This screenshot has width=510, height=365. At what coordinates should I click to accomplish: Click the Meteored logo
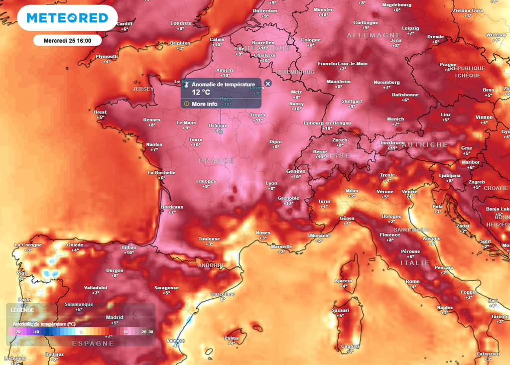(x=67, y=18)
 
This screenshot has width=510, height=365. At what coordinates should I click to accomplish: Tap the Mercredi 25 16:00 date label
(x=67, y=40)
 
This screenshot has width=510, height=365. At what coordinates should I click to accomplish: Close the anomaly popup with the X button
(x=268, y=83)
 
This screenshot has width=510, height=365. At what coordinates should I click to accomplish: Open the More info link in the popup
(x=204, y=104)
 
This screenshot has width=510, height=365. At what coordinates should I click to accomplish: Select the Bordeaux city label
(x=172, y=207)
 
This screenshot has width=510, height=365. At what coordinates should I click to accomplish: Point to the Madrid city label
(x=115, y=317)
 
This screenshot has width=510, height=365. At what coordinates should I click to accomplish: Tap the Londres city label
(x=180, y=23)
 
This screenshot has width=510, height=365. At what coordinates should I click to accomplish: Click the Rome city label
(x=412, y=281)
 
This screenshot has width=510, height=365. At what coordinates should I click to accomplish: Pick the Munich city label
(x=395, y=119)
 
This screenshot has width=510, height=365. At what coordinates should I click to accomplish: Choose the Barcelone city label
(x=223, y=294)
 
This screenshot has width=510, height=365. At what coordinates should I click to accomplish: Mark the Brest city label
(x=100, y=112)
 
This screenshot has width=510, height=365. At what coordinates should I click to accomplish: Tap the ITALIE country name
(x=415, y=262)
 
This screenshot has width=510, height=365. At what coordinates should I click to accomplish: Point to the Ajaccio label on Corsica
(x=343, y=280)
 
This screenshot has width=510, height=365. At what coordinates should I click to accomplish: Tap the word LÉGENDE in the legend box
(x=22, y=310)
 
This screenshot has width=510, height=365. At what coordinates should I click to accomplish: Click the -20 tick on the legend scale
(x=17, y=331)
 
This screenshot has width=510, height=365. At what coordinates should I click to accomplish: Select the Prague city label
(x=448, y=64)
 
